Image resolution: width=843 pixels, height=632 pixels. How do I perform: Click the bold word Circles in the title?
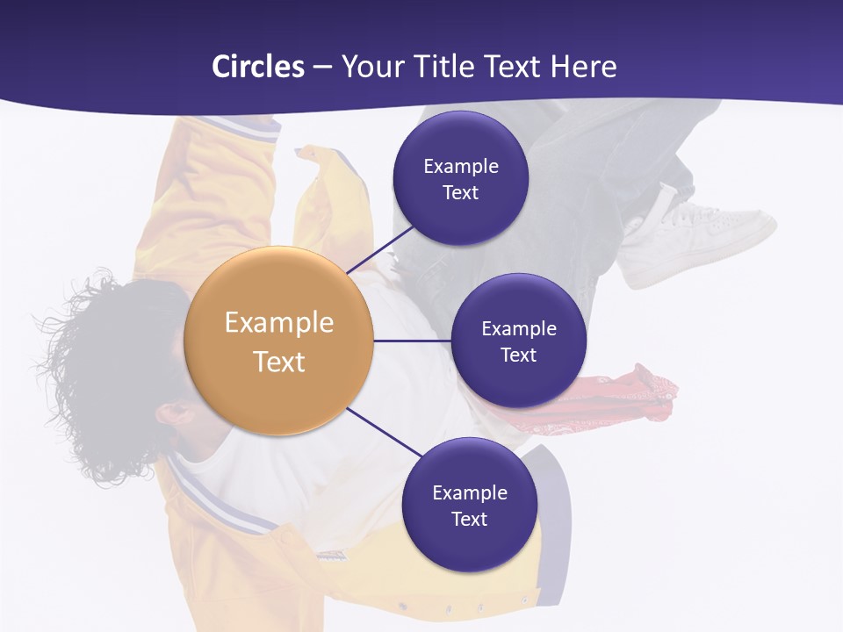pos(257,67)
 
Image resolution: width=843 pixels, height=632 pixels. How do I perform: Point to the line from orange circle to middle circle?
pos(413,341)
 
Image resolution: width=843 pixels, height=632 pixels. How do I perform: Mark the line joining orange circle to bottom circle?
pos(383,433)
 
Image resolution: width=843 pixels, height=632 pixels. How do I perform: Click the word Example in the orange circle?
pos(279,323)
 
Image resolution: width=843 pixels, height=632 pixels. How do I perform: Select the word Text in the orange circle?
pos(279,362)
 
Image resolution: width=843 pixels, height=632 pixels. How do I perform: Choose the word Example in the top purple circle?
pos(461,167)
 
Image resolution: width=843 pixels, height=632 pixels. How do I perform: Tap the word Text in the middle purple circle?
pos(518,355)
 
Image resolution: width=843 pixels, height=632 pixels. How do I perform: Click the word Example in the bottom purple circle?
pos(470,493)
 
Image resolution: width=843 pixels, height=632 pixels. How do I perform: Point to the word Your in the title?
pos(368,67)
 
